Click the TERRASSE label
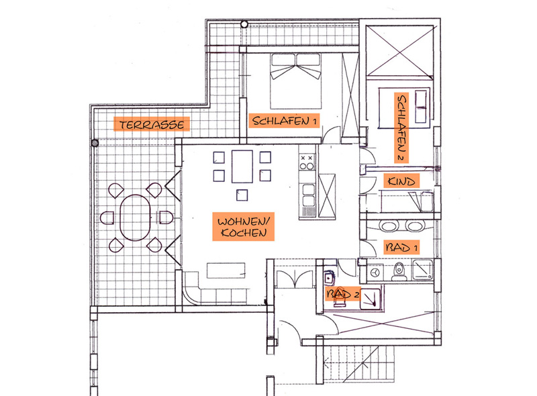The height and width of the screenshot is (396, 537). [x=152, y=124]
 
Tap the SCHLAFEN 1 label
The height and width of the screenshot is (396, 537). [x=284, y=121]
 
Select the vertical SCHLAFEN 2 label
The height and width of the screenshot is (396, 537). [x=401, y=128]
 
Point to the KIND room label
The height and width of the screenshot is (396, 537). [x=401, y=181]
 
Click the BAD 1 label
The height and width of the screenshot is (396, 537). [x=401, y=247]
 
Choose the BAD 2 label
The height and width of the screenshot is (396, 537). [x=342, y=293]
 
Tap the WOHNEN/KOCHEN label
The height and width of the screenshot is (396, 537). [x=243, y=227]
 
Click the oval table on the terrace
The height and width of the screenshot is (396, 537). [x=136, y=217]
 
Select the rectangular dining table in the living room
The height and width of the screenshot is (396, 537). [x=242, y=166]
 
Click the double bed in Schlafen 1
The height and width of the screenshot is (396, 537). [x=296, y=81]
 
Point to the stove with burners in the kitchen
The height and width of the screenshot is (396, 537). [x=307, y=162]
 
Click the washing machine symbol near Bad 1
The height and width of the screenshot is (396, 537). [x=376, y=273]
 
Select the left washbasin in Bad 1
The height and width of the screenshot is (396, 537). [x=389, y=226]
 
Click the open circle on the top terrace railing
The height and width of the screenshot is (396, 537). [x=244, y=24]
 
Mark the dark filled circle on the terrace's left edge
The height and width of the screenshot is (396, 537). [x=95, y=143]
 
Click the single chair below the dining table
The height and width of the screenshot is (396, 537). [x=242, y=195]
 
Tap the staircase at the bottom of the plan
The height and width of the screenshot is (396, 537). [x=359, y=364]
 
